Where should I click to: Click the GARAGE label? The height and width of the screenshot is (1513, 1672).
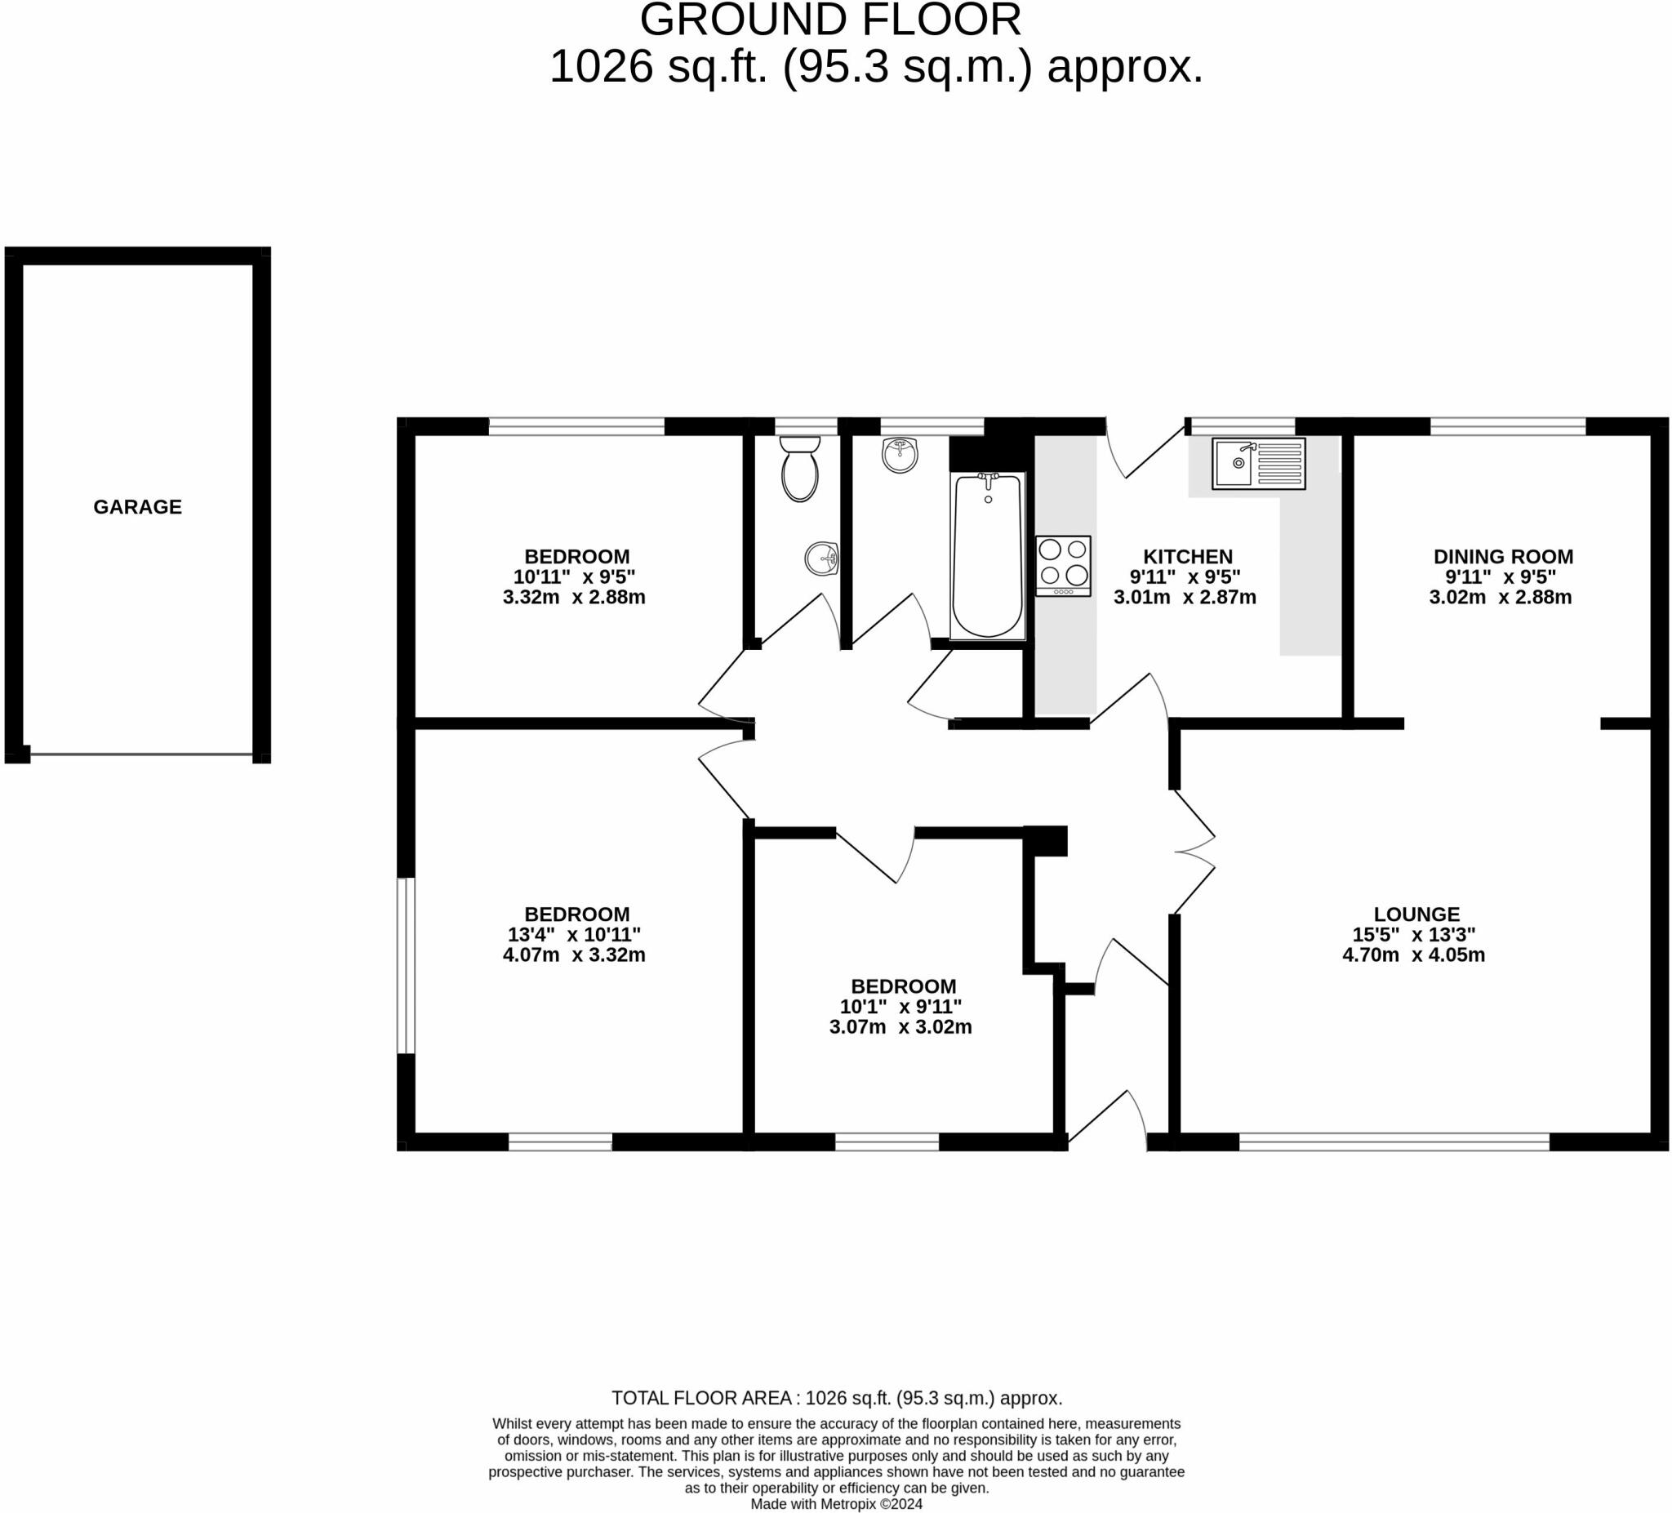tap(137, 507)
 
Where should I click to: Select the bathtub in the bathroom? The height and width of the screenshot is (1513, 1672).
tap(987, 556)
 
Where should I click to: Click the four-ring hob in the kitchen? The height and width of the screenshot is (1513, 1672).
tap(1062, 566)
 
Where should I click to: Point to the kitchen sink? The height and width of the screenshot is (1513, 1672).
tap(1258, 464)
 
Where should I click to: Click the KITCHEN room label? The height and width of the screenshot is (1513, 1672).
tap(1188, 557)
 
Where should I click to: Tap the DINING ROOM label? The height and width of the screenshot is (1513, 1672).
tap(1503, 557)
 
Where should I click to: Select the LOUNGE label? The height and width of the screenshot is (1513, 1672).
tap(1416, 914)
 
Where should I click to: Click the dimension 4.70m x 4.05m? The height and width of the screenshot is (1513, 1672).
tap(1413, 955)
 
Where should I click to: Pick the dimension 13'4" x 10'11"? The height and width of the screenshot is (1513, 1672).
tap(574, 935)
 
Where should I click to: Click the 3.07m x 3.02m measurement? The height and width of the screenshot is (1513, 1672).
tap(900, 1027)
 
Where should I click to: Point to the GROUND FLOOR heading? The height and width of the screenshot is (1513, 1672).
tap(830, 20)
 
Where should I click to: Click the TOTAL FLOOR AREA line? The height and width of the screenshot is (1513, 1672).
tap(836, 1398)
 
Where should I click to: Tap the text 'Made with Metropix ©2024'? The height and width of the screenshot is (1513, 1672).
tap(836, 1504)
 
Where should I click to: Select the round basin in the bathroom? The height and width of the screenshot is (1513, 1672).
tap(899, 455)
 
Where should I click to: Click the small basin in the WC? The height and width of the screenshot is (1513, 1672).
tap(821, 558)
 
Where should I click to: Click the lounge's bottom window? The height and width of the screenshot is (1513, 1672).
tap(1394, 1142)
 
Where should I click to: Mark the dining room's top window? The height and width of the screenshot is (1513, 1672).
tap(1507, 426)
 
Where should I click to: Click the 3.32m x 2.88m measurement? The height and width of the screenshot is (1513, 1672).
tap(574, 597)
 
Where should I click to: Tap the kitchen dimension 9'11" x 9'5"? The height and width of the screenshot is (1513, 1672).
tap(1185, 577)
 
